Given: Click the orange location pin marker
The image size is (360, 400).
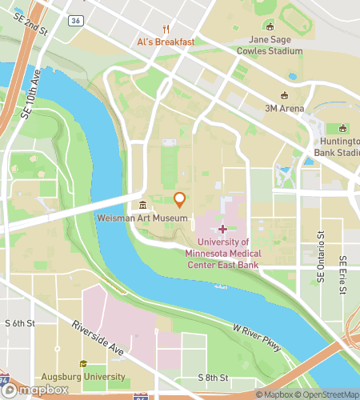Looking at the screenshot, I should (x=180, y=200).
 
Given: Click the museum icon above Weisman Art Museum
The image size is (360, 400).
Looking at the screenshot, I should (x=142, y=205).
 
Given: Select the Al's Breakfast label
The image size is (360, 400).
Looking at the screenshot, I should (x=166, y=41).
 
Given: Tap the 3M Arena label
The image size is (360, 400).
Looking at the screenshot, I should (x=282, y=108).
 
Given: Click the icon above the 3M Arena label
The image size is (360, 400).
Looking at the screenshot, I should (x=282, y=94).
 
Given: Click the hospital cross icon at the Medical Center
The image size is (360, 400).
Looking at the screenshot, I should (x=222, y=229).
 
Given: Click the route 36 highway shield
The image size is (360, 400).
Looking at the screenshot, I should (x=74, y=20).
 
